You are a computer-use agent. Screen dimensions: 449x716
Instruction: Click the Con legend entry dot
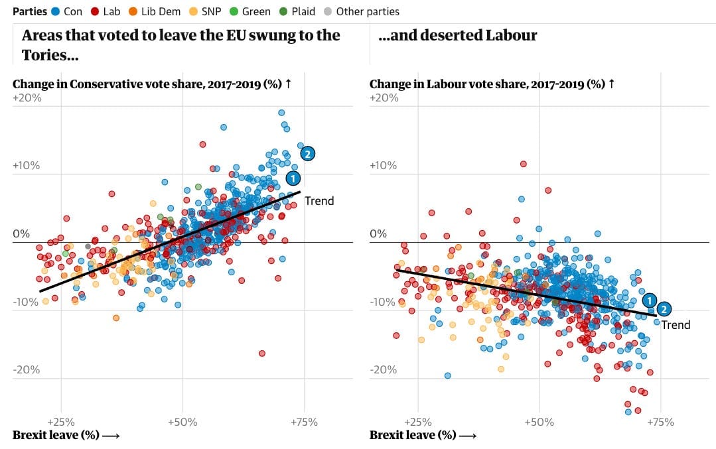tap(56, 11)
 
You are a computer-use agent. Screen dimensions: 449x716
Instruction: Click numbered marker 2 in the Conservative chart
tap(307, 153)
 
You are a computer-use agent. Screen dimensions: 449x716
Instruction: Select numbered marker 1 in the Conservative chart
tap(293, 178)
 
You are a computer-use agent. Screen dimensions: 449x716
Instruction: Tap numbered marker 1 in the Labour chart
tap(650, 300)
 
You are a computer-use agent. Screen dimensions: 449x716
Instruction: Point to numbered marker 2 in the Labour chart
tap(664, 308)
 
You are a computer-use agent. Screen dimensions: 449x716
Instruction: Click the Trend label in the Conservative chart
tap(319, 201)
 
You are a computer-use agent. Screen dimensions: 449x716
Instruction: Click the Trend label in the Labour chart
tap(676, 325)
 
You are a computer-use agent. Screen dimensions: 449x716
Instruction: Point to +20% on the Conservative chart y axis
tap(27, 97)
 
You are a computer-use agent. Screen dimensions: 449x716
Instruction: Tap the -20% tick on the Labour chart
tap(384, 369)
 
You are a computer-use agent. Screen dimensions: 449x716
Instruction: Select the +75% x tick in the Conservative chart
tap(304, 422)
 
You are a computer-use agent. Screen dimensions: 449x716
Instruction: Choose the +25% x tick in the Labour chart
tap(417, 422)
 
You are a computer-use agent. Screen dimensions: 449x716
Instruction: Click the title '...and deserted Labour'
tap(458, 36)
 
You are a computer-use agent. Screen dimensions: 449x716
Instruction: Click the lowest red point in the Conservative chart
tap(262, 353)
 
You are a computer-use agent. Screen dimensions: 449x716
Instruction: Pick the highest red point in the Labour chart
tap(523, 163)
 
